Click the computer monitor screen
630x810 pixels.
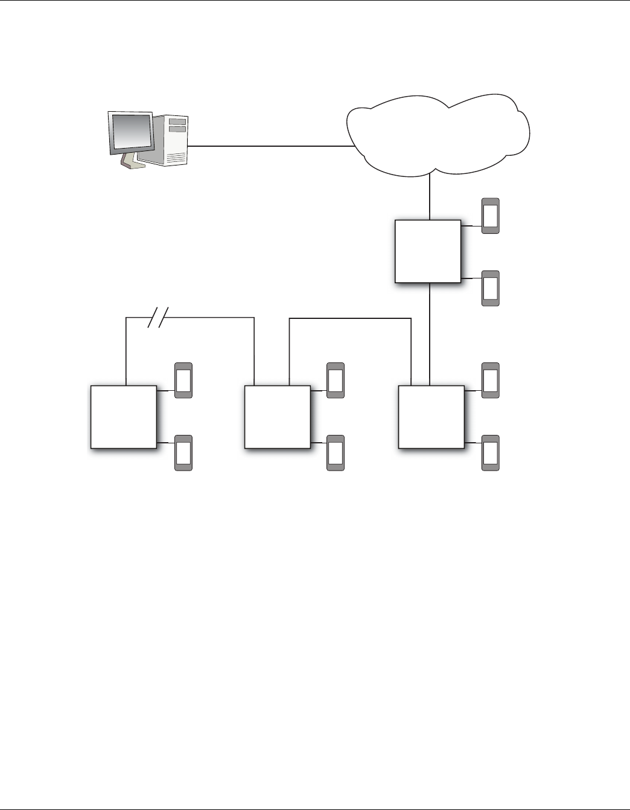(130, 132)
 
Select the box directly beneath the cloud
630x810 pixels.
(428, 251)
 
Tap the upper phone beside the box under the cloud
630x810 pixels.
(491, 216)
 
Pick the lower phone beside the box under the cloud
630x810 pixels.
(491, 289)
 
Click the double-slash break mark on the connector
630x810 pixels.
(158, 317)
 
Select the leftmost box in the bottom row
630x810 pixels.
(124, 417)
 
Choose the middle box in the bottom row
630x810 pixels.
(278, 417)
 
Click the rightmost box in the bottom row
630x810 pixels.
(431, 417)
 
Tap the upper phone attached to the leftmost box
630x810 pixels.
(183, 381)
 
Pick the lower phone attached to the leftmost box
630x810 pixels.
(183, 453)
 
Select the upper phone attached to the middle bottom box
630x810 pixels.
(336, 381)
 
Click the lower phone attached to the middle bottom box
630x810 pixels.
(336, 453)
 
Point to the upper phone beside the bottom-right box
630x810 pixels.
(491, 381)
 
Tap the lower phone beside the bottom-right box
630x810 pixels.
(491, 453)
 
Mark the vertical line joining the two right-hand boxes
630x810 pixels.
(429, 334)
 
